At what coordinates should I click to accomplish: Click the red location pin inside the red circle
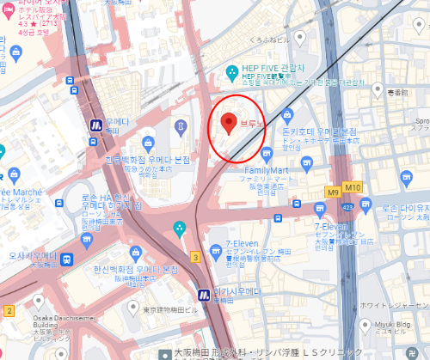(228, 123)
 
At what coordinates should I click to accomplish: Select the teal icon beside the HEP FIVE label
(230, 71)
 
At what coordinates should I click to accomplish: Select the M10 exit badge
(352, 187)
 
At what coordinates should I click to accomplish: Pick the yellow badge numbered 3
(196, 257)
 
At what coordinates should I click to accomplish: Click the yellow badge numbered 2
(9, 309)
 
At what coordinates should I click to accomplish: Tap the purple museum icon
(180, 127)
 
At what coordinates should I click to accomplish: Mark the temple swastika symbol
(61, 354)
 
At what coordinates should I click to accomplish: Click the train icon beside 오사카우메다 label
(66, 259)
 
